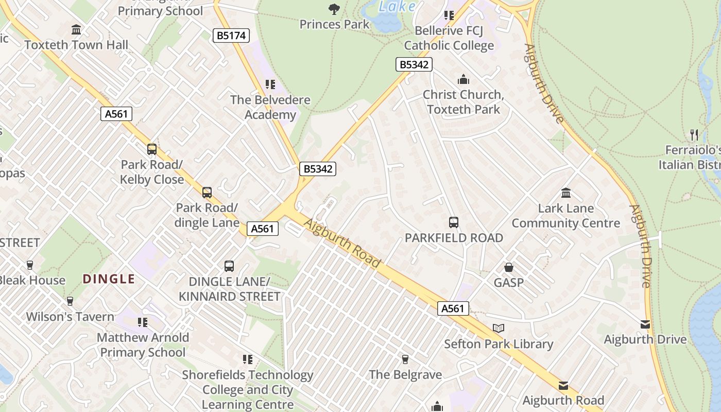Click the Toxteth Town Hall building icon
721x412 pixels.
77,29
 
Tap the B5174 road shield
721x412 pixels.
231,36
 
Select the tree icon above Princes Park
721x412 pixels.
334,9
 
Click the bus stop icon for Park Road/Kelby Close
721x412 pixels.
152,149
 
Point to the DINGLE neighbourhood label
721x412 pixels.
109,279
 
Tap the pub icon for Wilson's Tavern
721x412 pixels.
70,301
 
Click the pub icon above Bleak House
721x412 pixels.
30,265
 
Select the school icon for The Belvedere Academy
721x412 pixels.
270,84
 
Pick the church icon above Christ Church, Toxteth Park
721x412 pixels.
463,79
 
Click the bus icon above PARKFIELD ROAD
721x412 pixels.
454,222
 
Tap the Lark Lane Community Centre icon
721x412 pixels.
566,193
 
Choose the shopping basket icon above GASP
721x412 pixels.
509,267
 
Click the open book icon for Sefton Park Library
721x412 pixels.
499,328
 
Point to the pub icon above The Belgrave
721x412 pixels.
405,359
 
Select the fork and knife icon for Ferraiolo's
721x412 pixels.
694,135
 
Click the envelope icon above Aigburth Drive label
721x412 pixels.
645,324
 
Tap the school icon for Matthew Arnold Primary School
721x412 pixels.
143,322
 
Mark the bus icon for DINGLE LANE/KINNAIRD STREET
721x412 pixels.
229,266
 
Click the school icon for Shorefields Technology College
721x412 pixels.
248,359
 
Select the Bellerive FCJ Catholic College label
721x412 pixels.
449,38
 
